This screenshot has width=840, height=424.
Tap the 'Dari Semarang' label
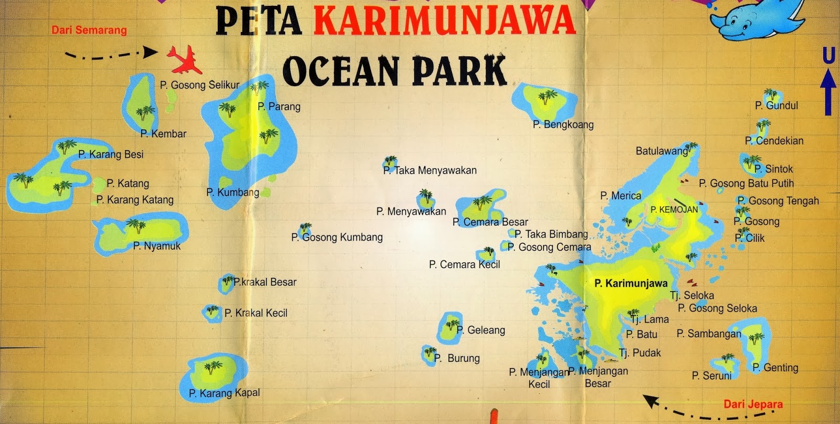pos(89,30)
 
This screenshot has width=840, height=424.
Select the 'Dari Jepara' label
pos(753,404)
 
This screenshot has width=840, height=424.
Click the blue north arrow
pos(828,92)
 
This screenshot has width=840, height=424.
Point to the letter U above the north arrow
pos(828,55)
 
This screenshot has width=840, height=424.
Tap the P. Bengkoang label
pos(563,125)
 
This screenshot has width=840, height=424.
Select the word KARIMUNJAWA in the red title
pos(444,21)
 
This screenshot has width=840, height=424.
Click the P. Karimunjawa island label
pos(631,283)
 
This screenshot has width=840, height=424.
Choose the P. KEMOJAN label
pos(674,210)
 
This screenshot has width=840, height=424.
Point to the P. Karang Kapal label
pos(224,393)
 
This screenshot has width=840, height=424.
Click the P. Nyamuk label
pos(156,246)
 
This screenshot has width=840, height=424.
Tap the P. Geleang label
pos(481,330)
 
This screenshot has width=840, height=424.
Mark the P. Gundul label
pos(776,106)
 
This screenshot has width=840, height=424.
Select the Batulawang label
pos(661,151)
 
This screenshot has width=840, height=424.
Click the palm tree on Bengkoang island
pos(547,97)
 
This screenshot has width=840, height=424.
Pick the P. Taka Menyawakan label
pos(430,170)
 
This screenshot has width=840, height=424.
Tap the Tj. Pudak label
pos(639,353)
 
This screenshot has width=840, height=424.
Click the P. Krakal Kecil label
pos(256,313)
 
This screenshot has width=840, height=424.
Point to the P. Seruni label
pos(711,376)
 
